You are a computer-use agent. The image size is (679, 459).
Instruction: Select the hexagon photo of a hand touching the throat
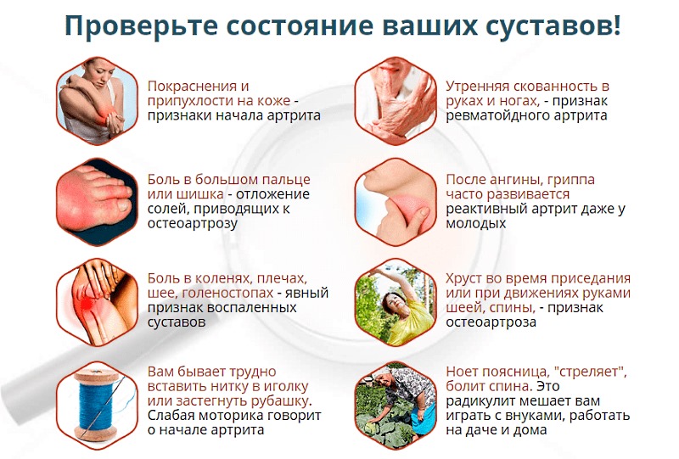(x=393, y=201)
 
